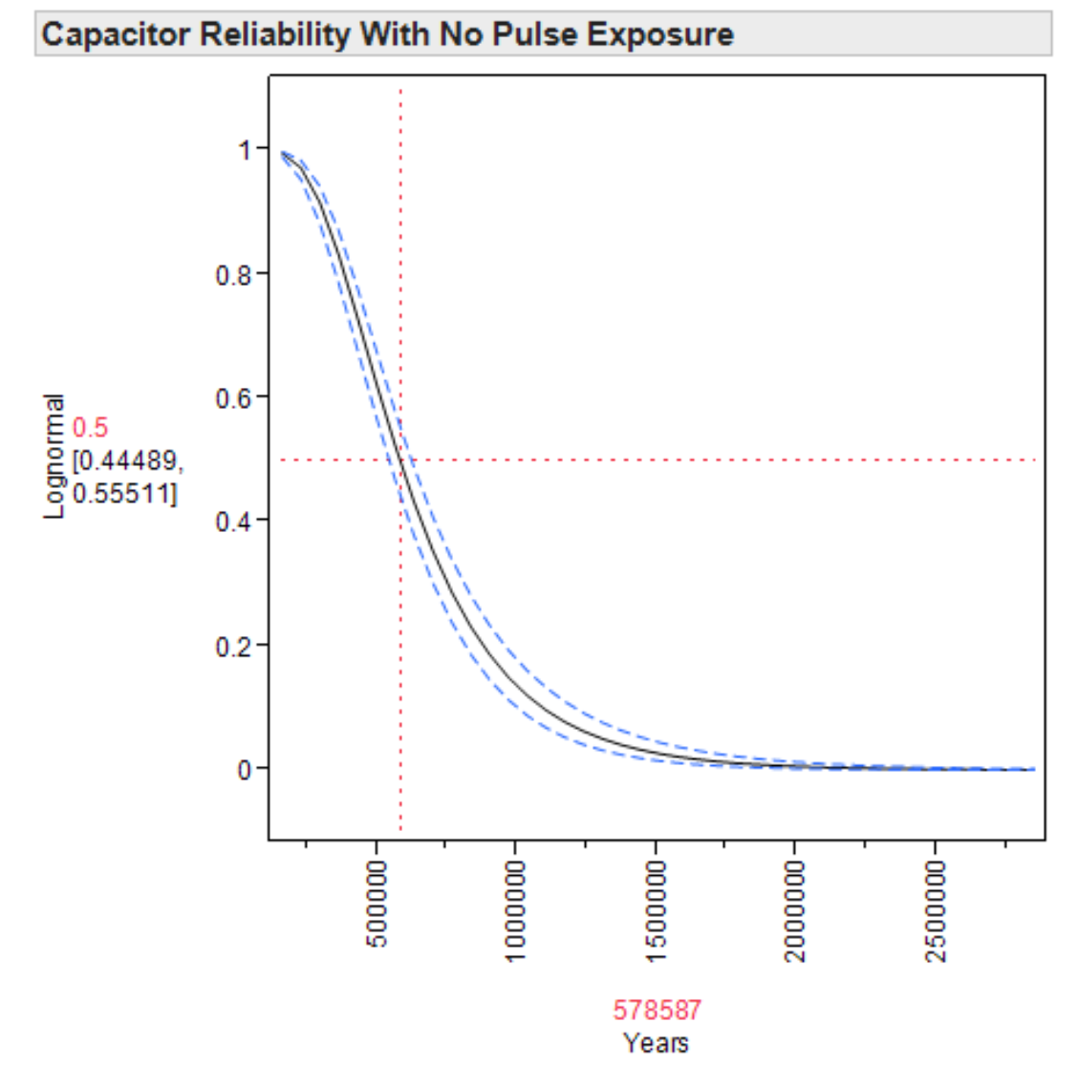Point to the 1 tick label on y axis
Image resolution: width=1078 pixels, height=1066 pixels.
click(x=246, y=150)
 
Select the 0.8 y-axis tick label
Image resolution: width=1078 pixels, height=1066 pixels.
click(x=234, y=274)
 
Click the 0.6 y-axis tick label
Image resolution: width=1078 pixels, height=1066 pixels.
click(x=234, y=397)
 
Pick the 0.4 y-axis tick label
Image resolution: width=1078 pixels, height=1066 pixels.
click(x=234, y=522)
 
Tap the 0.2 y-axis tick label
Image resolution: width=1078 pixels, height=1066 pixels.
click(x=234, y=646)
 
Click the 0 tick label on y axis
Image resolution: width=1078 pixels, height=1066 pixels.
click(x=246, y=769)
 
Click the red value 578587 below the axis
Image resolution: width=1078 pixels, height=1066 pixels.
click(x=657, y=1010)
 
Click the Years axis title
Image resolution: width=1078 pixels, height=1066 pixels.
click(x=656, y=1042)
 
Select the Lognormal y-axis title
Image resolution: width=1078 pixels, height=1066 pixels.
click(x=54, y=457)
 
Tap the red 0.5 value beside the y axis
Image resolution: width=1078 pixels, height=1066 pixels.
click(x=90, y=428)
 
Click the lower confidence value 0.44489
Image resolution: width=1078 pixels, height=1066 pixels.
click(x=125, y=461)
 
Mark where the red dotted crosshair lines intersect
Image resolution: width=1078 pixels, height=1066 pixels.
click(x=400, y=460)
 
